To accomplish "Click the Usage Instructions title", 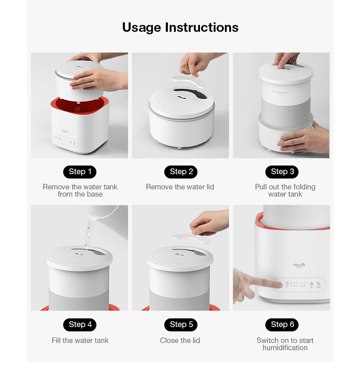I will [180, 27].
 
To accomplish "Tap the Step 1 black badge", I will [80, 172].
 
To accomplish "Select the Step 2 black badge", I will [181, 172].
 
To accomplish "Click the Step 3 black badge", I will [282, 172].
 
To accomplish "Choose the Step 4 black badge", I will [80, 325].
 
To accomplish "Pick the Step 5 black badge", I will [181, 325].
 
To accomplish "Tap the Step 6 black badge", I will [282, 325].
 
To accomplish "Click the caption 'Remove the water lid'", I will [180, 187].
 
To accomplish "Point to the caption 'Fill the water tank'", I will [80, 340].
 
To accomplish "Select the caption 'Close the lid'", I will [180, 340].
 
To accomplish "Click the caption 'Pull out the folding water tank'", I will [285, 190].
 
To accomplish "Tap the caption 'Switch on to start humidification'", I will [285, 344].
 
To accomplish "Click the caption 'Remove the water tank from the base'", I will [80, 190].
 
